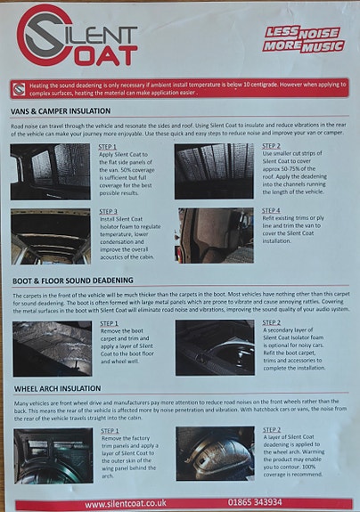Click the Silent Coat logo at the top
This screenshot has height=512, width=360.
click(x=78, y=36)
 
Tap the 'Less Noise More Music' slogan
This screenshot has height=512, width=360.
click(x=302, y=38)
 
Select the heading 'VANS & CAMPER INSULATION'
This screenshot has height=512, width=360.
click(x=61, y=111)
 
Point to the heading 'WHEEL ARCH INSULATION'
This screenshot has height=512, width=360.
click(x=57, y=388)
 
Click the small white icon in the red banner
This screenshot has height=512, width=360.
click(x=19, y=87)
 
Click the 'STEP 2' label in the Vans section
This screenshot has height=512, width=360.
click(x=272, y=146)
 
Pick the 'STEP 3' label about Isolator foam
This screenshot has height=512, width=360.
click(x=109, y=212)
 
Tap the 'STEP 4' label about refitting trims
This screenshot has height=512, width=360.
click(x=272, y=212)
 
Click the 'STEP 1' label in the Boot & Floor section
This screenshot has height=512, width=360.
click(x=109, y=324)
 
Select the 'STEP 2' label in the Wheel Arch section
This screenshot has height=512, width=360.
click(x=272, y=430)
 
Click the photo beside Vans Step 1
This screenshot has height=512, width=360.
click(x=51, y=171)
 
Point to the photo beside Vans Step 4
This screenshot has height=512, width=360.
click(x=215, y=235)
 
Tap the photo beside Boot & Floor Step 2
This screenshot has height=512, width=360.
click(x=215, y=347)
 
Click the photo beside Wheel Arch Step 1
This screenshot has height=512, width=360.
click(x=52, y=455)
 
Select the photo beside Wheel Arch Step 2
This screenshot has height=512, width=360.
click(x=215, y=454)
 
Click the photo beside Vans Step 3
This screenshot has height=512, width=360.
click(x=51, y=235)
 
